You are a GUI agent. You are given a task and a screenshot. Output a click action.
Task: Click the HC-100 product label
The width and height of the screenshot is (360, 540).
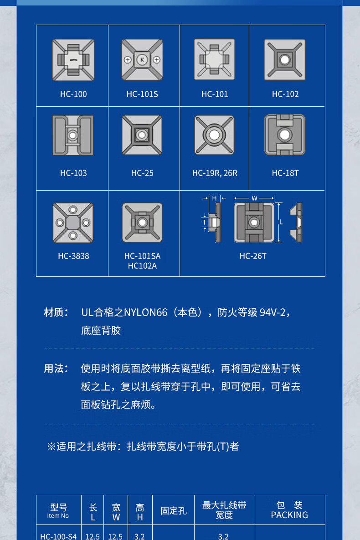(x=73, y=94)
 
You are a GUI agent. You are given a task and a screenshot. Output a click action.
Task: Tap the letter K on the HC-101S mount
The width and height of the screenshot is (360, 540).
(x=142, y=60)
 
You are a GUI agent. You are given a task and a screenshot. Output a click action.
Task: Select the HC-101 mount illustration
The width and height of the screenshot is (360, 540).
(x=215, y=59)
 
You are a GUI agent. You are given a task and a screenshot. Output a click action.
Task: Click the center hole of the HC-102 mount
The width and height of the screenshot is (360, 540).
(x=285, y=60)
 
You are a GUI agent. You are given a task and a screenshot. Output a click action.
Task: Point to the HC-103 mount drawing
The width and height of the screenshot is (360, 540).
(x=72, y=135)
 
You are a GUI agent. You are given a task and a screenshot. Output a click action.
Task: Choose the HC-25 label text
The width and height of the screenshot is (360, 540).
(x=142, y=173)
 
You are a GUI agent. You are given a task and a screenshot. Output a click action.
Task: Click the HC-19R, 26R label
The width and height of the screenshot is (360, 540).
(x=215, y=173)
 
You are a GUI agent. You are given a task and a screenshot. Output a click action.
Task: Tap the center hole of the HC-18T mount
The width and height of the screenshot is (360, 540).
(x=285, y=134)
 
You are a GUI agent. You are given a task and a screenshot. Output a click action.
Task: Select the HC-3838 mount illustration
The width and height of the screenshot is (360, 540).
(x=73, y=223)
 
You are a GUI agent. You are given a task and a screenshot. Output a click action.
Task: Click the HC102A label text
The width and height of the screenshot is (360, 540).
(x=142, y=266)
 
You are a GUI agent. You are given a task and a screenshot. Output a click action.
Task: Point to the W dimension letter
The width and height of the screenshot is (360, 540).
(x=254, y=198)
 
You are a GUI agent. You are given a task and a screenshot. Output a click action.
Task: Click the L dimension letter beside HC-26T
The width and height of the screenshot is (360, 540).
(x=281, y=223)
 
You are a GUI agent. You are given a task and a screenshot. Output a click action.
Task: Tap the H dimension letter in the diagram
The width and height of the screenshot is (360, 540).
(x=214, y=198)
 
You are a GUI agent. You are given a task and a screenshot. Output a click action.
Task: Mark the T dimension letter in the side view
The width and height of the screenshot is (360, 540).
(x=205, y=223)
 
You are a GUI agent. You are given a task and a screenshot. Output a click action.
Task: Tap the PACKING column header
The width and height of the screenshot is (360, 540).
(x=289, y=515)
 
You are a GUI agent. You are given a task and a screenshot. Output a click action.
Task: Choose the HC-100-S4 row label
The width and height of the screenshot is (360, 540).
(x=58, y=536)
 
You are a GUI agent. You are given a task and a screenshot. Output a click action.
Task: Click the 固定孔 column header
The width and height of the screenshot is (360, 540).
(x=174, y=511)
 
